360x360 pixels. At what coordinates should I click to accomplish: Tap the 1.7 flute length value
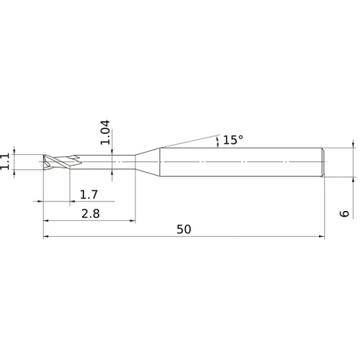(89, 194)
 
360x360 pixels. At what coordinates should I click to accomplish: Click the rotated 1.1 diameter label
(6, 161)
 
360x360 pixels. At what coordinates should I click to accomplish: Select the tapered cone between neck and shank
(148, 161)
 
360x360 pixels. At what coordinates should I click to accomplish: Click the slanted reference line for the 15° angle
(187, 141)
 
